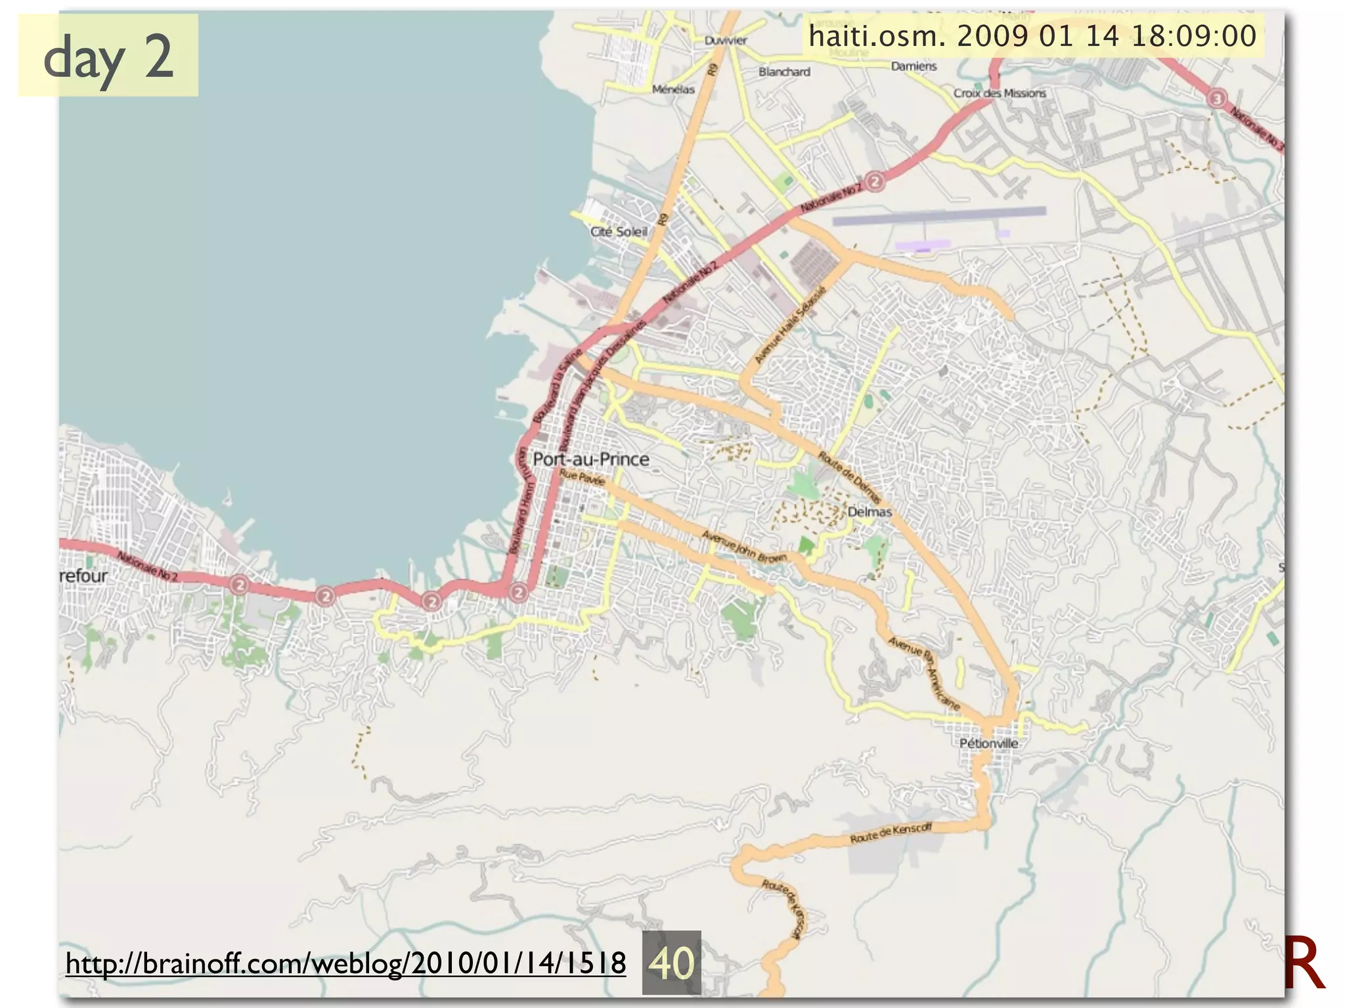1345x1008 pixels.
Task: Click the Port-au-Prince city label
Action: click(590, 459)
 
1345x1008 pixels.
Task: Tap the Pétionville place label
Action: click(988, 744)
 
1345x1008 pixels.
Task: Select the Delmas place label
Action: click(870, 512)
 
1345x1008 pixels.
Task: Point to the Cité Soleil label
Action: click(619, 232)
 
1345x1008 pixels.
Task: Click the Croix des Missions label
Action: click(1000, 93)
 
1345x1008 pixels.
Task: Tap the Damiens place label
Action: click(914, 66)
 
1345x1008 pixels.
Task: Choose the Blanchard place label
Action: click(784, 72)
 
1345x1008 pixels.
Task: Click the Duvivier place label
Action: click(726, 41)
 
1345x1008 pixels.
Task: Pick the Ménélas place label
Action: click(673, 89)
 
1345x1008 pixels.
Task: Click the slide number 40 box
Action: click(671, 962)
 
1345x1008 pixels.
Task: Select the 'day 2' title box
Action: click(108, 56)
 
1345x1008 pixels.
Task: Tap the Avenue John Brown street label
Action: click(743, 547)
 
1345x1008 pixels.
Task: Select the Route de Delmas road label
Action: click(849, 476)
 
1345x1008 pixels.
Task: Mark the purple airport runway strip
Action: click(939, 216)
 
